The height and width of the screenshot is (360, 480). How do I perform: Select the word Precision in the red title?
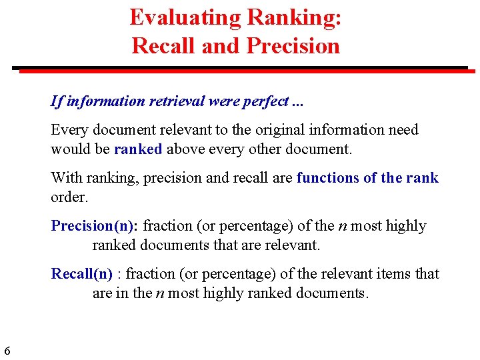click(x=293, y=45)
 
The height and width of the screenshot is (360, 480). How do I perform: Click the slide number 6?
click(x=7, y=351)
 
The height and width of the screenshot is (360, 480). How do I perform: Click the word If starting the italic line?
click(x=56, y=101)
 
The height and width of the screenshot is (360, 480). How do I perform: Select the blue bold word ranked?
click(x=138, y=149)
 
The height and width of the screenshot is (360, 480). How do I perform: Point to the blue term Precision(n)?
click(x=95, y=226)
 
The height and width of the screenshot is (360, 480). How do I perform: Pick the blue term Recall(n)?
click(x=82, y=274)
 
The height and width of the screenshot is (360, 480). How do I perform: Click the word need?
click(x=403, y=129)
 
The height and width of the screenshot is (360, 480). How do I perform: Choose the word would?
click(x=69, y=149)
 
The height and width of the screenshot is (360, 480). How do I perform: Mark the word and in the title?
click(x=223, y=45)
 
